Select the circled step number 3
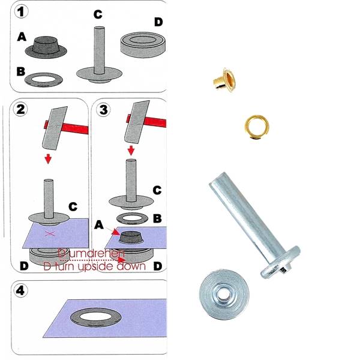click(x=103, y=110)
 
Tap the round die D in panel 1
click(x=142, y=45)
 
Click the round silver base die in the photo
click(x=225, y=294)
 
